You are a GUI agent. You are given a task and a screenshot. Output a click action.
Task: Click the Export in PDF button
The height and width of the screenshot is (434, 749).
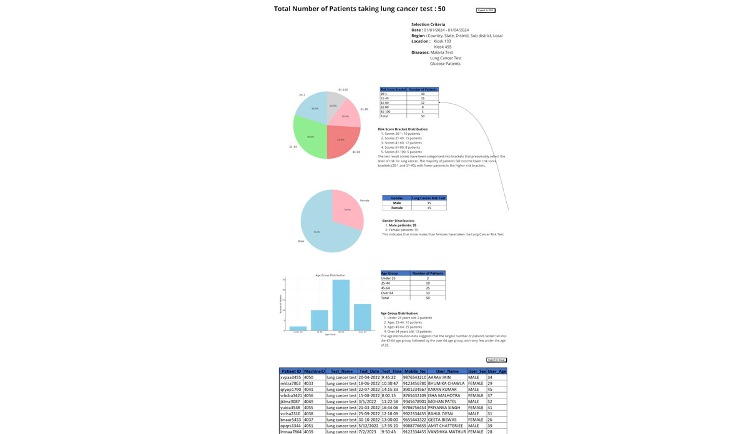pyautogui.click(x=485, y=11)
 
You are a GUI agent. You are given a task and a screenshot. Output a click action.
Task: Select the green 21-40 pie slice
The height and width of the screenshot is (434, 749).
pyautogui.click(x=310, y=137)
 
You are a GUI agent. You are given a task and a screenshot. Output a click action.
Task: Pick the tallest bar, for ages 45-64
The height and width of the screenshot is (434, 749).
pyautogui.click(x=341, y=305)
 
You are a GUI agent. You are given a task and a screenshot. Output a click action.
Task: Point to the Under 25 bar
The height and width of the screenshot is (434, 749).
pyautogui.click(x=298, y=328)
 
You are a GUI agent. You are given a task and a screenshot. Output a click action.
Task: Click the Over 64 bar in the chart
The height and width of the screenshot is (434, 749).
pyautogui.click(x=363, y=317)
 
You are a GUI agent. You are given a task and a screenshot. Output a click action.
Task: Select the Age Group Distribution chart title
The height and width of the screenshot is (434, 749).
pyautogui.click(x=330, y=275)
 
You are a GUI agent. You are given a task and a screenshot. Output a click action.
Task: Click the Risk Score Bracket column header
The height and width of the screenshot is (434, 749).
pyautogui.click(x=393, y=89)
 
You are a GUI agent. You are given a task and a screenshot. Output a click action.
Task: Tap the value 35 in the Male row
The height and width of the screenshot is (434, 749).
pyautogui.click(x=429, y=203)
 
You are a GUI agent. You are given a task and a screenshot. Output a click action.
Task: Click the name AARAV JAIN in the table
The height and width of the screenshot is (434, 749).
pyautogui.click(x=439, y=377)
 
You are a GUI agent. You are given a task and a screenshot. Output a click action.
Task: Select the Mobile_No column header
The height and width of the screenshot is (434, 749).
pyautogui.click(x=414, y=371)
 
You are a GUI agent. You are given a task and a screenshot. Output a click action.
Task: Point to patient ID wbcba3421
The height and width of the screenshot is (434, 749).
pyautogui.click(x=291, y=395)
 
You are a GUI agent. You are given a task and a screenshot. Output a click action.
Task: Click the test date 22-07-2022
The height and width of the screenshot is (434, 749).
pyautogui.click(x=369, y=389)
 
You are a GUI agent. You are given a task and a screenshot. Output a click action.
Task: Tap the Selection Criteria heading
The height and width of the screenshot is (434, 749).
pyautogui.click(x=428, y=24)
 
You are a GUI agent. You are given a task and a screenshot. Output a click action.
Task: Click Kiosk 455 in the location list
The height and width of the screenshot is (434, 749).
pyautogui.click(x=443, y=47)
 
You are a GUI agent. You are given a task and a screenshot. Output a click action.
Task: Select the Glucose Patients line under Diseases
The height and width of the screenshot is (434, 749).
pyautogui.click(x=445, y=64)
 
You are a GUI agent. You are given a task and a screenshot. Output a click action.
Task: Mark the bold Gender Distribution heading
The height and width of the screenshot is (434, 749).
pyautogui.click(x=398, y=220)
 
